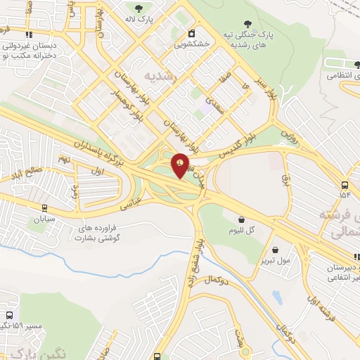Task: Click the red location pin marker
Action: [181, 165]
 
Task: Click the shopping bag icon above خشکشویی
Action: [191, 33]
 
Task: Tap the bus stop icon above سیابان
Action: [45, 208]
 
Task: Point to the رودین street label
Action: [289, 133]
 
